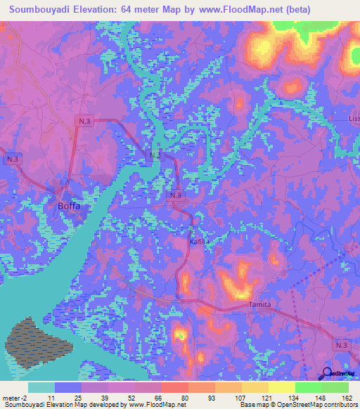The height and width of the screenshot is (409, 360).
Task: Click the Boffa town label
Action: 68,206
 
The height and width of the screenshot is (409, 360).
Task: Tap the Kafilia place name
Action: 199,241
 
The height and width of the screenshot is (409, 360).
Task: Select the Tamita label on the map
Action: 259,305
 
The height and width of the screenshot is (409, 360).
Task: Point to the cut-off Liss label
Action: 353,119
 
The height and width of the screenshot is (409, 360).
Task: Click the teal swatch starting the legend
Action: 41,387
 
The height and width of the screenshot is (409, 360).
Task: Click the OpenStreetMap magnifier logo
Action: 326,375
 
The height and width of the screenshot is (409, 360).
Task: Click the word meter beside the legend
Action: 11,398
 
